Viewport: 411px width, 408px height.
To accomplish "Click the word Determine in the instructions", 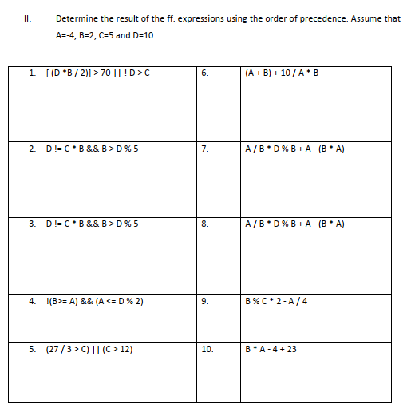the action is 76,18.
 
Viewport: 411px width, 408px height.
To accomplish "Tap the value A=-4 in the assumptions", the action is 68,36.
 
